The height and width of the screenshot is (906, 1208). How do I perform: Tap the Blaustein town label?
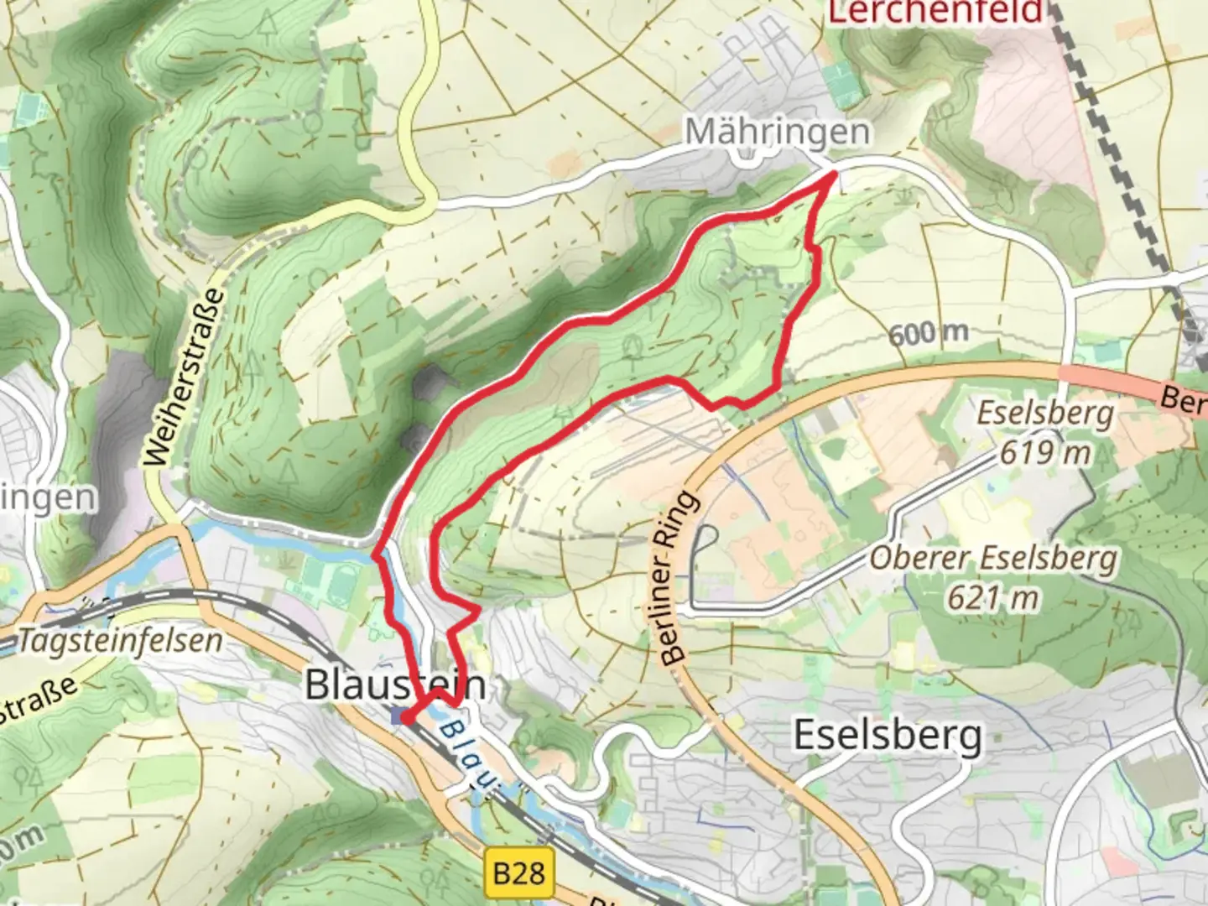(x=394, y=685)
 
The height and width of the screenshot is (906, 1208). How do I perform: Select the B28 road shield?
(x=518, y=873)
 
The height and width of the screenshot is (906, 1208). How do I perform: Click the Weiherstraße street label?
(x=185, y=377)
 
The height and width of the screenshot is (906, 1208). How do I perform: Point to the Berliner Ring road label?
(x=679, y=579)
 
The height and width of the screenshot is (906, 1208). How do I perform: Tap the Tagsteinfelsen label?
(x=120, y=641)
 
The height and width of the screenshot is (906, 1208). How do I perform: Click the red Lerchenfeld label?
(x=935, y=12)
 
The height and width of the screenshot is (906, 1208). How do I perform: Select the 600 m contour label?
(x=929, y=333)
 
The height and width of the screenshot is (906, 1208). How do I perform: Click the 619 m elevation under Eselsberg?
(x=1044, y=453)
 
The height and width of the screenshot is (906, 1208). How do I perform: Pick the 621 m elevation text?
(x=992, y=598)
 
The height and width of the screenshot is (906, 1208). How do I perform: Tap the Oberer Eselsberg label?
(x=992, y=559)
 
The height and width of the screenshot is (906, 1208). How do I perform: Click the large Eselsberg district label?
(x=888, y=736)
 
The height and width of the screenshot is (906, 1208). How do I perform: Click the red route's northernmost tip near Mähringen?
(x=833, y=174)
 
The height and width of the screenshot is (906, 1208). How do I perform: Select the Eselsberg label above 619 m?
(x=1044, y=414)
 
